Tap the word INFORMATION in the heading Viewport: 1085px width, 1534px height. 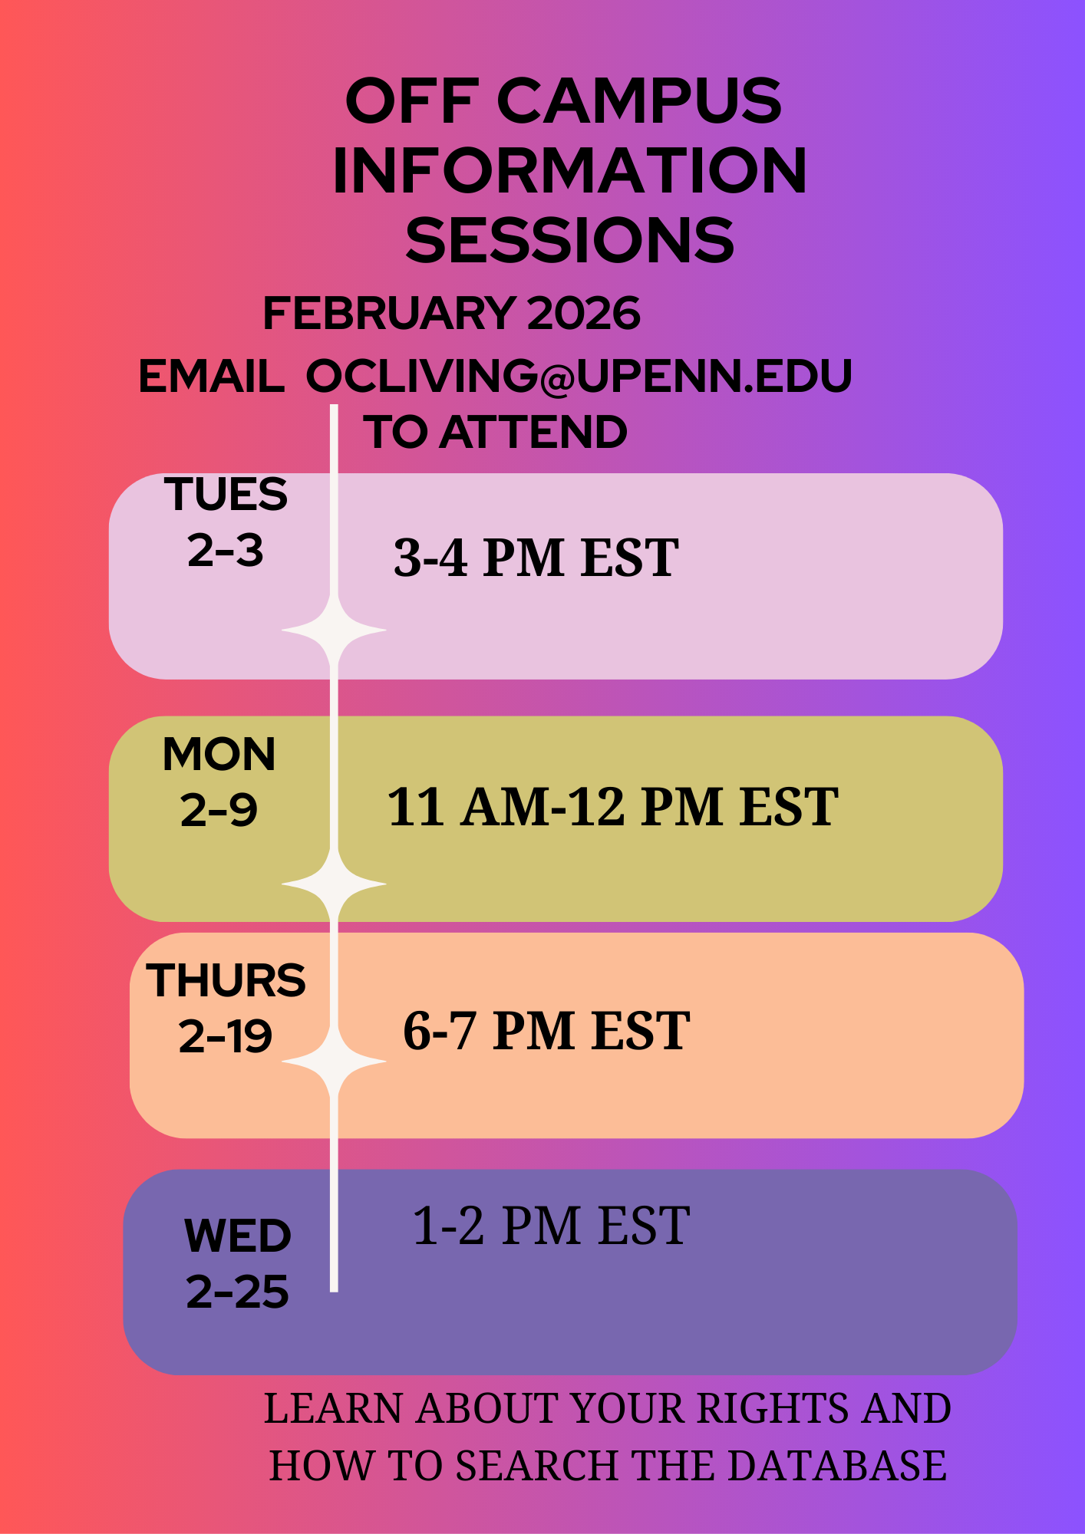pos(569,170)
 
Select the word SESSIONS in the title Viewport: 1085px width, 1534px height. pos(569,240)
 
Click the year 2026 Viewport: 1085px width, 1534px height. pos(584,314)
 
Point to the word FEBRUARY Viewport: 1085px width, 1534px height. pos(388,314)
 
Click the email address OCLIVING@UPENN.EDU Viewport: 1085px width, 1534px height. pos(579,376)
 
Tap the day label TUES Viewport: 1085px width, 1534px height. pos(226,494)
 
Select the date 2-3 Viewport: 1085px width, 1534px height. pos(226,551)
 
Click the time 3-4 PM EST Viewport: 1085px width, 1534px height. pos(536,558)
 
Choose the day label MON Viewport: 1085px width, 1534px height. pos(219,754)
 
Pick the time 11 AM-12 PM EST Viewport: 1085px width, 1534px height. pos(612,807)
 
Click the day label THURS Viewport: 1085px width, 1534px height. pos(226,980)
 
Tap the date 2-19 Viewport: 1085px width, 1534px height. pos(226,1037)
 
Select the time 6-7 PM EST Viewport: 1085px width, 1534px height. pos(546,1031)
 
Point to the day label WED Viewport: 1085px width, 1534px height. pos(238,1236)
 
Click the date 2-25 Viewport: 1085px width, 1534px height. pos(238,1292)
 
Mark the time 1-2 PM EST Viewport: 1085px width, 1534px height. pos(551,1226)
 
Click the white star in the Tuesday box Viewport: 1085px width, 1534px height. pos(334,630)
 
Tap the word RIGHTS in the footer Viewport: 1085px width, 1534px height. pos(775,1409)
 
